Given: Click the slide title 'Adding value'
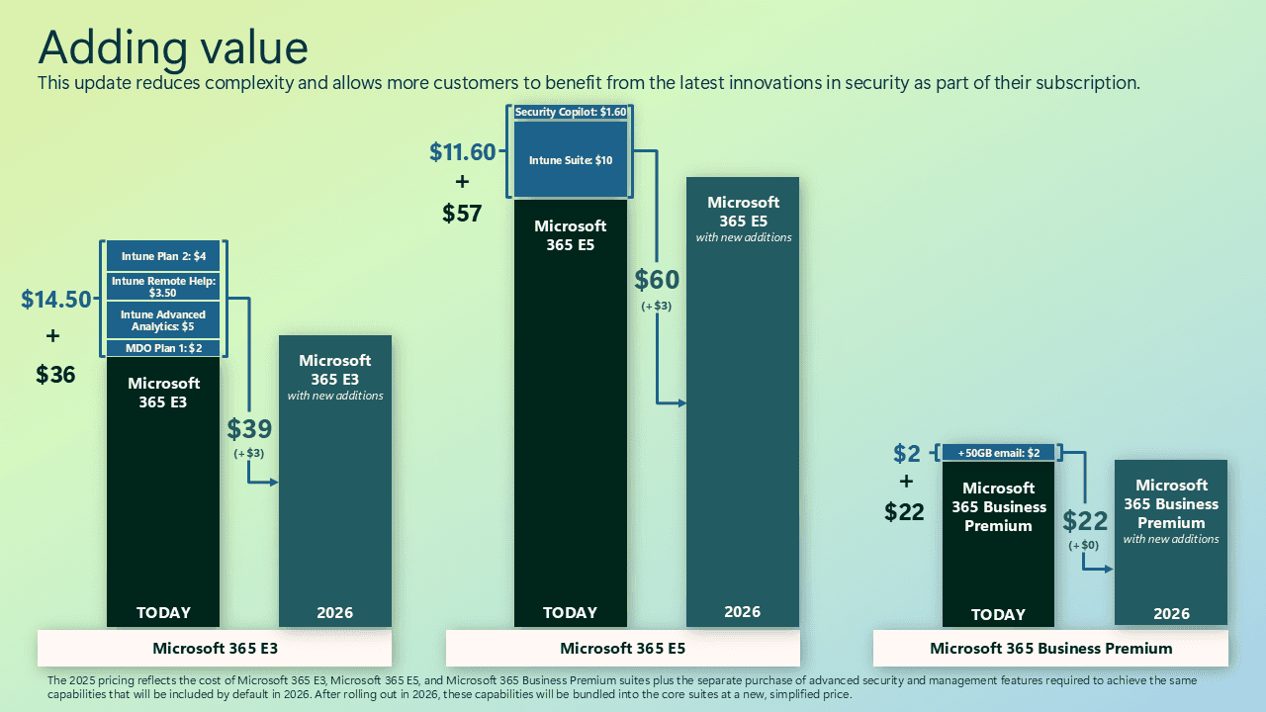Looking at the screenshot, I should click(172, 47).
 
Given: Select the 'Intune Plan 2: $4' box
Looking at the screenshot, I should click(164, 256).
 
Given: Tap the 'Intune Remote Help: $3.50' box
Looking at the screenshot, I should click(164, 287).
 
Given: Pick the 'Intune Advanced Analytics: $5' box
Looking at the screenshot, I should click(164, 320).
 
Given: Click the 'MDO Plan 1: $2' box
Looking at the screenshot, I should click(164, 348).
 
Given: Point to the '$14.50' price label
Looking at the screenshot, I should click(55, 300).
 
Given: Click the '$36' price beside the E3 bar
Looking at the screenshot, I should click(55, 375).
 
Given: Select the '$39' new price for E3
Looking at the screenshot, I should click(249, 428).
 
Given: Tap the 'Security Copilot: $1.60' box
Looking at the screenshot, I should click(571, 113).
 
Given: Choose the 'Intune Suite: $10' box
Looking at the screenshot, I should click(571, 160).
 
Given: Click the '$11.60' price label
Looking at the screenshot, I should click(462, 151).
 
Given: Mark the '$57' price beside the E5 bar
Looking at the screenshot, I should click(462, 213).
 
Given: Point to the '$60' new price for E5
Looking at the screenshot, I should click(657, 280).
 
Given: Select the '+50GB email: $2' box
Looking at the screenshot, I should click(999, 453).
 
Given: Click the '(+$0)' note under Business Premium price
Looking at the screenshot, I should click(1083, 545).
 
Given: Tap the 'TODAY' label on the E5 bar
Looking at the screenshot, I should click(571, 613).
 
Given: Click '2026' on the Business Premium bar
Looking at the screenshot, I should click(1171, 614).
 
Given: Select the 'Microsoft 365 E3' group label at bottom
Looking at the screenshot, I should click(215, 649).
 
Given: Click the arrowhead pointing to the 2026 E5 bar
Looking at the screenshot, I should click(681, 403).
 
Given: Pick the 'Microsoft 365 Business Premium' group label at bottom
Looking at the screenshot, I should click(1050, 649).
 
